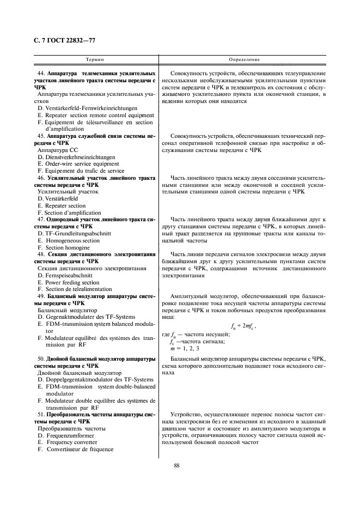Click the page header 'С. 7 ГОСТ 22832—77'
coord(65,40)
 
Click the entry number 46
coord(40,178)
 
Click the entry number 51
coord(40,415)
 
